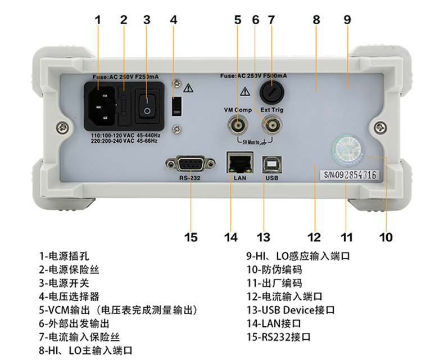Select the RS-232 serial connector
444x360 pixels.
pyautogui.click(x=190, y=164)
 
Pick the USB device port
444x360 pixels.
pyautogui.click(x=271, y=164)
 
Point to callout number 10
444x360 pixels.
pyautogui.click(x=386, y=237)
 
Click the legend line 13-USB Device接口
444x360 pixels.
pyautogui.click(x=291, y=309)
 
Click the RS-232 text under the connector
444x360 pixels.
pyautogui.click(x=190, y=178)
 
